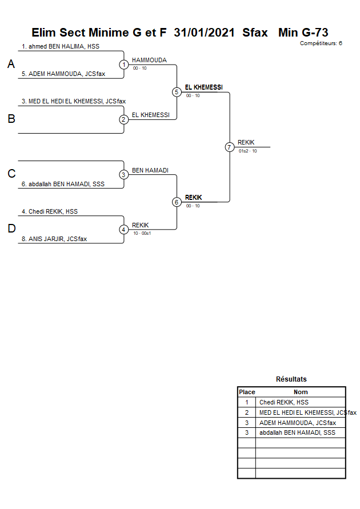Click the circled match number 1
(x=124, y=65)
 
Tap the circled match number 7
(x=230, y=147)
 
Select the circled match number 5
(x=177, y=92)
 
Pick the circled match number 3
(x=124, y=174)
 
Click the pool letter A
(x=11, y=65)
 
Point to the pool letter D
(x=11, y=229)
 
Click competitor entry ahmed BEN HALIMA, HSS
(x=61, y=46)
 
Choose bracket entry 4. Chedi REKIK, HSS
(x=50, y=211)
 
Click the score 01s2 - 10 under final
(x=247, y=151)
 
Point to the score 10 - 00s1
(x=142, y=233)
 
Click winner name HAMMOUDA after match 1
(x=149, y=60)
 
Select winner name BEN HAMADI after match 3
(x=150, y=170)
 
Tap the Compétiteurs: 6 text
(x=321, y=43)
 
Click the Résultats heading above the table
(x=291, y=379)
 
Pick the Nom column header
(x=301, y=392)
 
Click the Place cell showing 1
(x=247, y=402)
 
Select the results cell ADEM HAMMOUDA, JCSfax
(x=298, y=423)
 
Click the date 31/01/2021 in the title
(x=204, y=33)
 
